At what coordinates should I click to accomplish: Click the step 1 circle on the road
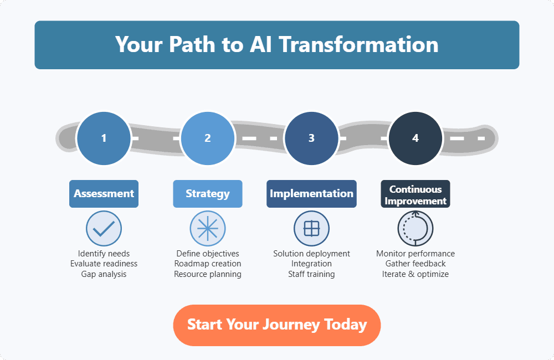pos(104,138)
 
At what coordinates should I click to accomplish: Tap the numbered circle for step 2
pos(208,138)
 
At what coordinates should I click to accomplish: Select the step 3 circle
pos(311,138)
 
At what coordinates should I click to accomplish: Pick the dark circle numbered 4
pos(416,138)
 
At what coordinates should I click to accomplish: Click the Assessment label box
pos(104,194)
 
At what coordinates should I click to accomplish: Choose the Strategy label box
pos(208,194)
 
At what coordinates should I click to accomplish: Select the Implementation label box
pos(311,194)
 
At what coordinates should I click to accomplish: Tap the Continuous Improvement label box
pos(416,194)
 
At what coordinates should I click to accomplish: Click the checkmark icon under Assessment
pos(104,228)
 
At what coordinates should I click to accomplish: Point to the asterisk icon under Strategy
pos(208,228)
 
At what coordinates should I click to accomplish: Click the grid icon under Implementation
pos(311,228)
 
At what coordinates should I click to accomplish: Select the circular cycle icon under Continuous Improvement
pos(416,228)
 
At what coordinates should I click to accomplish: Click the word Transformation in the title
pos(358,44)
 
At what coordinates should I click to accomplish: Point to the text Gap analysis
pos(104,274)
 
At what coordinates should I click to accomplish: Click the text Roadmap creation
pos(208,264)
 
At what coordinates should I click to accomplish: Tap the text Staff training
pos(311,274)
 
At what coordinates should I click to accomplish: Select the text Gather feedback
pos(416,264)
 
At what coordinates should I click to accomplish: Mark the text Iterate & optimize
pos(416,274)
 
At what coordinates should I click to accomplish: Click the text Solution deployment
pos(311,254)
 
